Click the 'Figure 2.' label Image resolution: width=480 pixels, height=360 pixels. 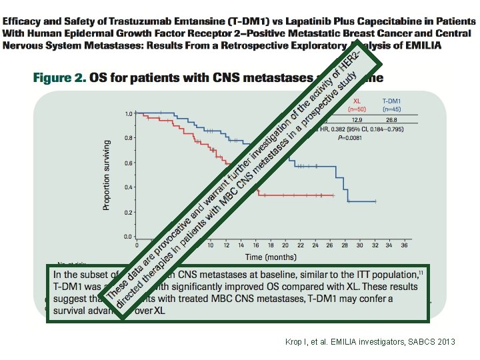pos(60,78)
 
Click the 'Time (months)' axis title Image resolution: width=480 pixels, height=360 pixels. pos(271,257)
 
